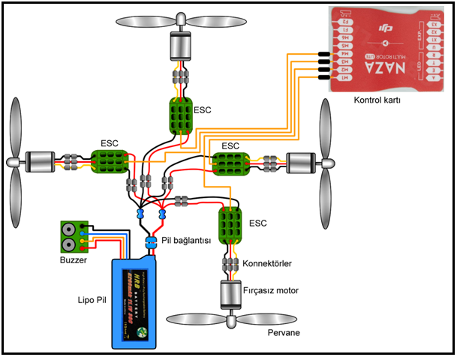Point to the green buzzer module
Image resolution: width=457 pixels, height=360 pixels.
(74, 237)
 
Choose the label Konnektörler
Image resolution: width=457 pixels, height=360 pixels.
(266, 264)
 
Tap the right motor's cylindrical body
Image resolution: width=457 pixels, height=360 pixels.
(304, 163)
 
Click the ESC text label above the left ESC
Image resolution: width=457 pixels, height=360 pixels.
(110, 142)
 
